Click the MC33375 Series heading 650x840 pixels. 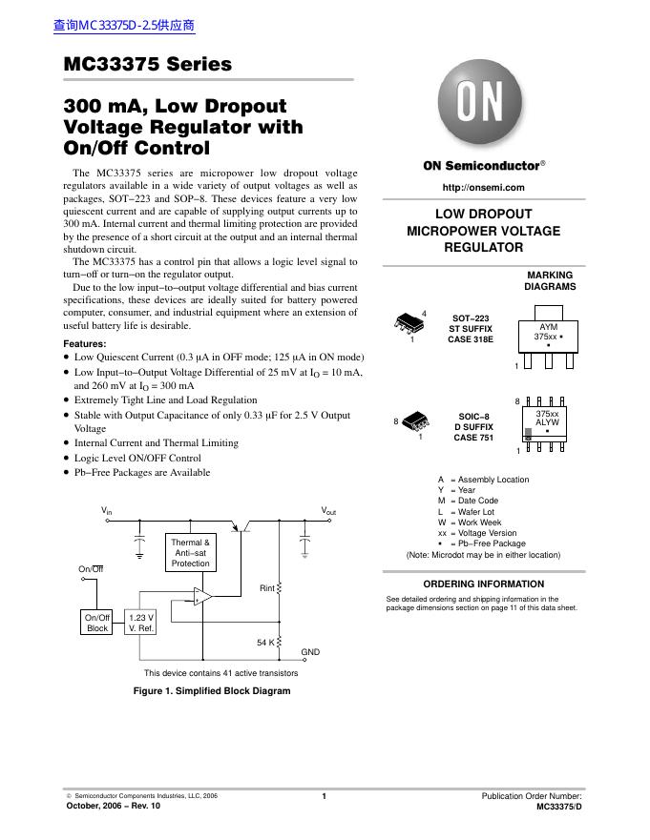[x=147, y=65]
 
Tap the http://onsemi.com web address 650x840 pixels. [x=484, y=186]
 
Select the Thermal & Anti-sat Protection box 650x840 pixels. [x=190, y=553]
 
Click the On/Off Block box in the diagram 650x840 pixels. [x=98, y=623]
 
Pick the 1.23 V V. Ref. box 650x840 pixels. [x=141, y=623]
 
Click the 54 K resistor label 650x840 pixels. [x=265, y=642]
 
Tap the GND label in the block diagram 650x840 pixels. [x=310, y=652]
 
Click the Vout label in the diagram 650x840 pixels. [x=328, y=512]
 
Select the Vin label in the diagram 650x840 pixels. [x=107, y=512]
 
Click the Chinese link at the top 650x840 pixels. [x=125, y=26]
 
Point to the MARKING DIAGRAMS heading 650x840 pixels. [x=550, y=280]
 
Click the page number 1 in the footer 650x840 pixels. [x=325, y=796]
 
